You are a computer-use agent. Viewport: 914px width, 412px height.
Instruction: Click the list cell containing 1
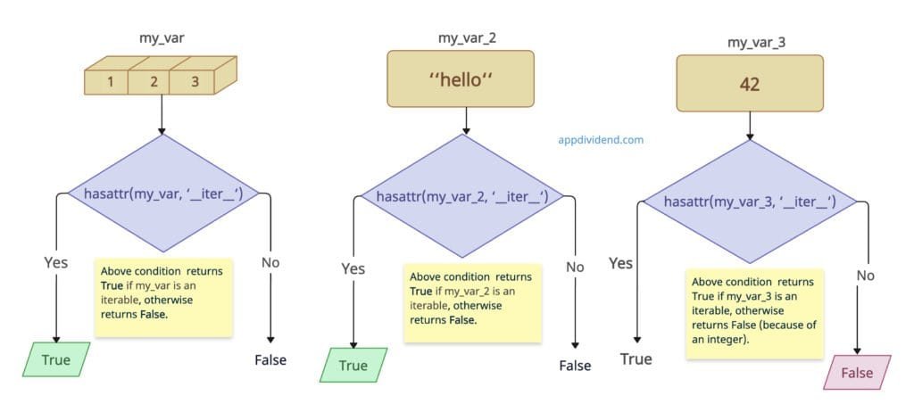tap(110, 82)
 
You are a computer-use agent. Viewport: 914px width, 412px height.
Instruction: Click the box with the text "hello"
tap(461, 79)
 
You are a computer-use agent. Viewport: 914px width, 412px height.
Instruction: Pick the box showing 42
tap(749, 83)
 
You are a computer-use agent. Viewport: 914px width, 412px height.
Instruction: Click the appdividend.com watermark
tap(601, 140)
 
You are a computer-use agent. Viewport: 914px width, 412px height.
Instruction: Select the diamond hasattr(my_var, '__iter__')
tap(162, 193)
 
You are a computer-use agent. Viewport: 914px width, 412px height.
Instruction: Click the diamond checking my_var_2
tap(462, 196)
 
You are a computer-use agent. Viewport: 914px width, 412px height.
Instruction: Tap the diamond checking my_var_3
tap(750, 202)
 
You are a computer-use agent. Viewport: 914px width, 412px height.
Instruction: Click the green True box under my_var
tap(56, 360)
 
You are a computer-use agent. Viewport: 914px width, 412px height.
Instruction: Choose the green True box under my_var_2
tap(353, 366)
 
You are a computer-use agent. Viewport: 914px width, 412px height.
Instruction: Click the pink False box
tap(857, 373)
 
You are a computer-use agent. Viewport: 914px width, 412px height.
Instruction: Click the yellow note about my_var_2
tap(472, 303)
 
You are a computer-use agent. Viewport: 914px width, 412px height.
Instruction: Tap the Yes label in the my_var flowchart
tap(56, 262)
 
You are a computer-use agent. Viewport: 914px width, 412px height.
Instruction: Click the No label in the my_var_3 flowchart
tap(865, 276)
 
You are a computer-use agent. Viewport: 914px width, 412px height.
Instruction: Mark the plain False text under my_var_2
tap(575, 366)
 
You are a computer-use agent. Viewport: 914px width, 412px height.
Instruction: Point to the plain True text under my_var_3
tap(636, 359)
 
